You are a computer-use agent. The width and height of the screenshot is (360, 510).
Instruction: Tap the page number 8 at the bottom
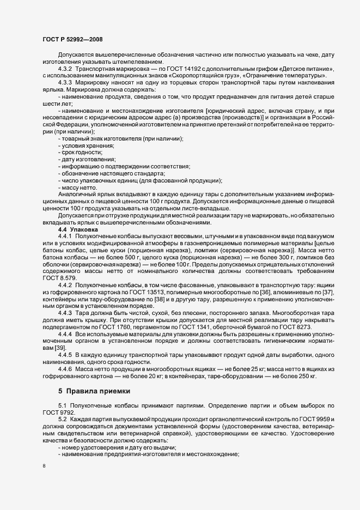pos(44,466)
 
